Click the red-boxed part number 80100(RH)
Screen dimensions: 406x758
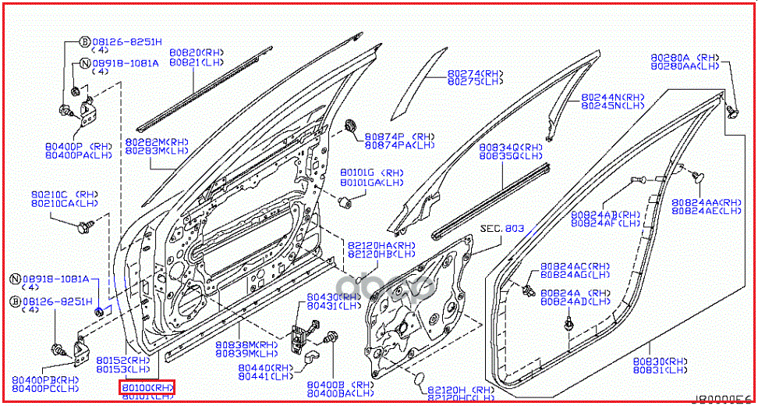pyautogui.click(x=147, y=387)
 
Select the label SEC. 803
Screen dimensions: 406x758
pyautogui.click(x=501, y=229)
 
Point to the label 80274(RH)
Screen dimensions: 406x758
pyautogui.click(x=475, y=73)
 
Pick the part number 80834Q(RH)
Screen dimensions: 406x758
pyautogui.click(x=510, y=147)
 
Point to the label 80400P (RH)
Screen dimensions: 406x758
pyautogui.click(x=79, y=146)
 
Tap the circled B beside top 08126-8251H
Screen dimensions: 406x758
pyautogui.click(x=85, y=42)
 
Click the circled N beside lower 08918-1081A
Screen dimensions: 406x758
pyautogui.click(x=15, y=279)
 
